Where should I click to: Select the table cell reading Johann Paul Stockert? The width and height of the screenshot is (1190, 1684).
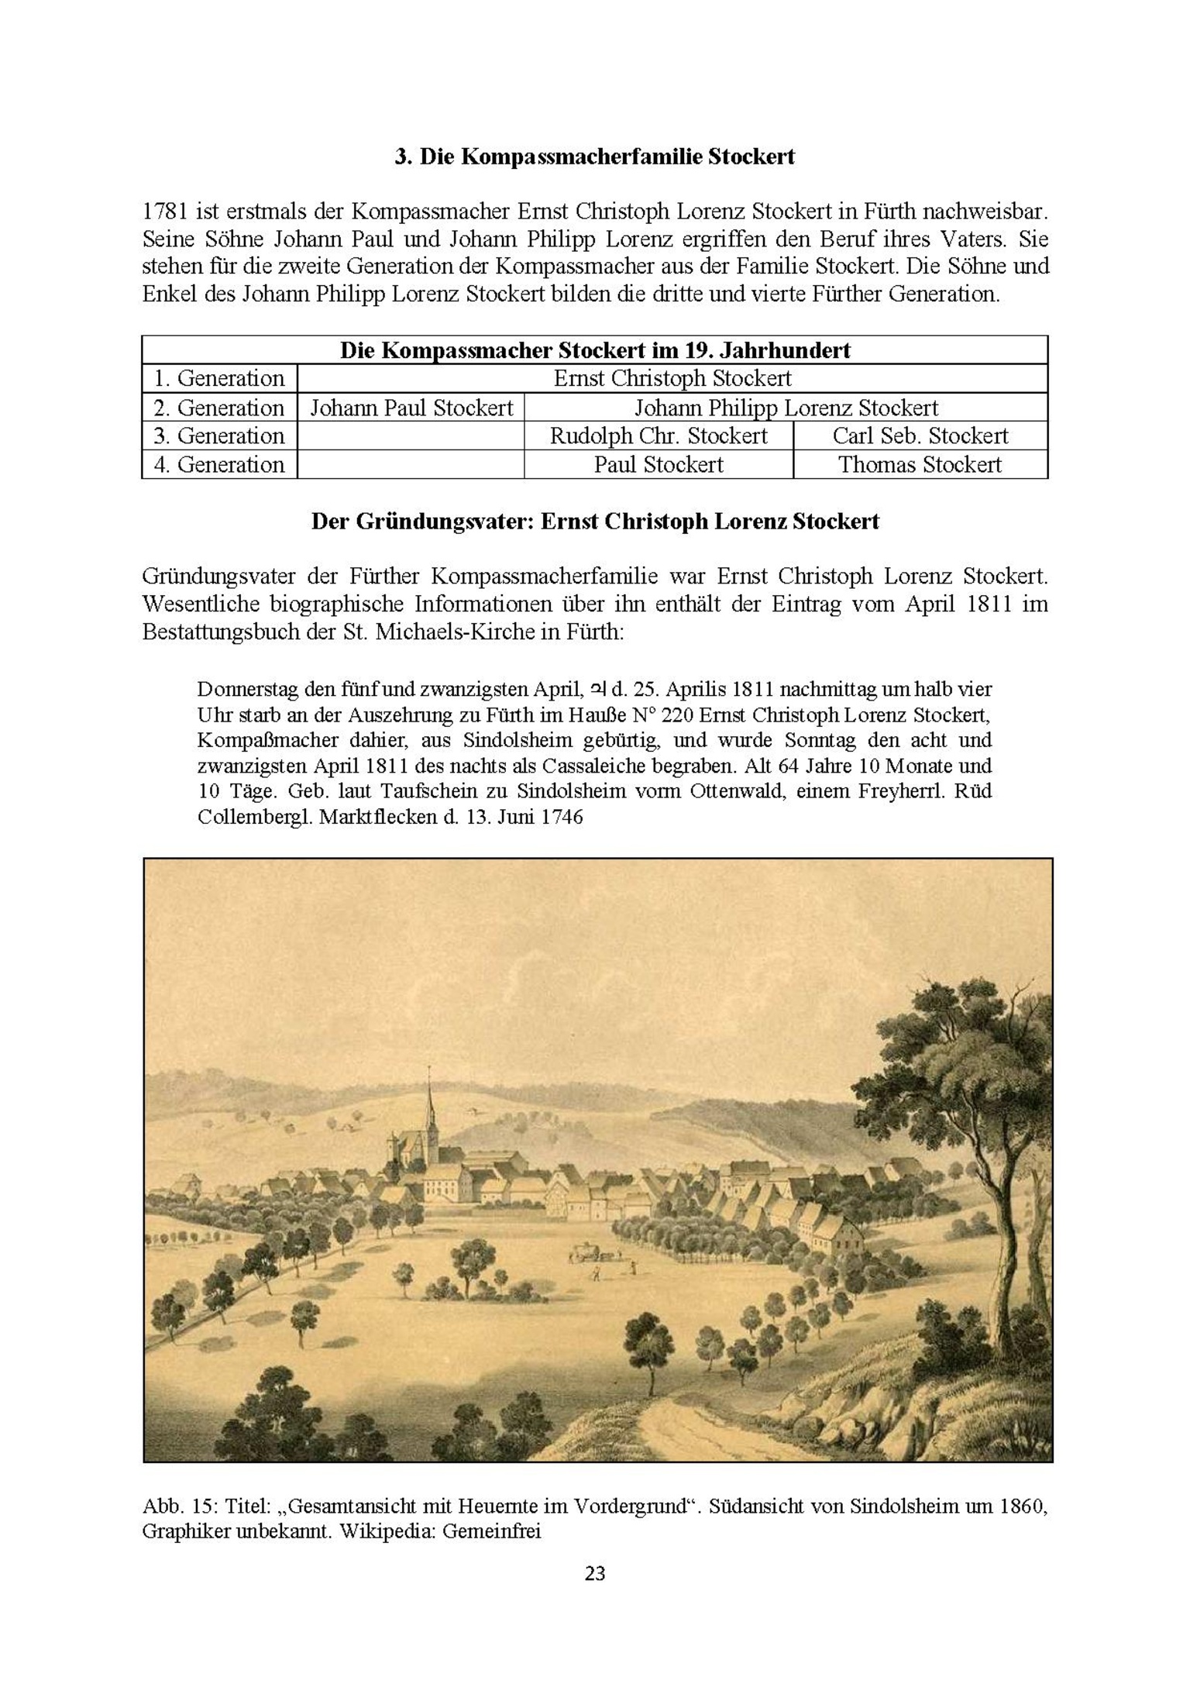tap(411, 408)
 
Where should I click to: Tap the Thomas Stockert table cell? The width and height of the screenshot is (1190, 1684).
tap(920, 464)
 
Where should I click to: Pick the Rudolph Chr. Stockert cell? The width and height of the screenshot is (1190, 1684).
tap(659, 436)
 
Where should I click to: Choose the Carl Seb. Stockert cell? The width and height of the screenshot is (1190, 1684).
tap(920, 436)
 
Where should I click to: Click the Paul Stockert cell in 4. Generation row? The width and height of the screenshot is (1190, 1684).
tap(659, 464)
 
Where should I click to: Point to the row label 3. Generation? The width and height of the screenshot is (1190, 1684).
tap(219, 436)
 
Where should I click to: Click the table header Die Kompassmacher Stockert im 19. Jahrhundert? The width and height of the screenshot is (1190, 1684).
tap(594, 350)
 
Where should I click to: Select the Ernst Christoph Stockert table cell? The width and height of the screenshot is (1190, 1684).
tap(672, 378)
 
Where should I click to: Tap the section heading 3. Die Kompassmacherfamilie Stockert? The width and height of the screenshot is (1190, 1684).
tap(594, 157)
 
